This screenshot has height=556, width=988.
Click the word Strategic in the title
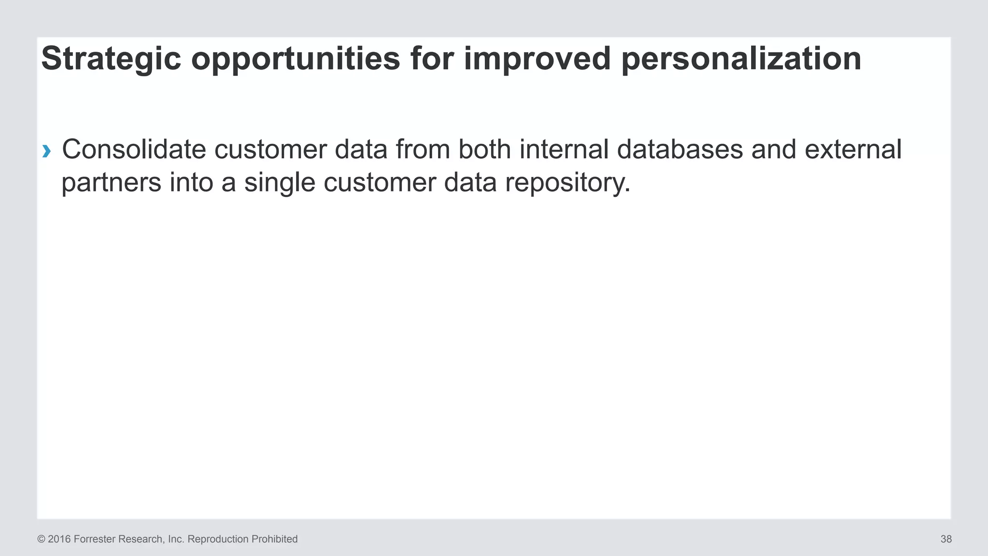coord(111,59)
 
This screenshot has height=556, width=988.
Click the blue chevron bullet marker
coord(46,152)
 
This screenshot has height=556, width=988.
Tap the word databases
coord(680,149)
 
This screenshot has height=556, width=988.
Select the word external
coord(852,149)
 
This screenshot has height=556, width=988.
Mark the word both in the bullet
coord(484,149)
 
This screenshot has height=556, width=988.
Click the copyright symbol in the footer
coord(41,539)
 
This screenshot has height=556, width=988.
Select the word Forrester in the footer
coord(95,539)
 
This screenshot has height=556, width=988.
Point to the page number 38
coord(946,539)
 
